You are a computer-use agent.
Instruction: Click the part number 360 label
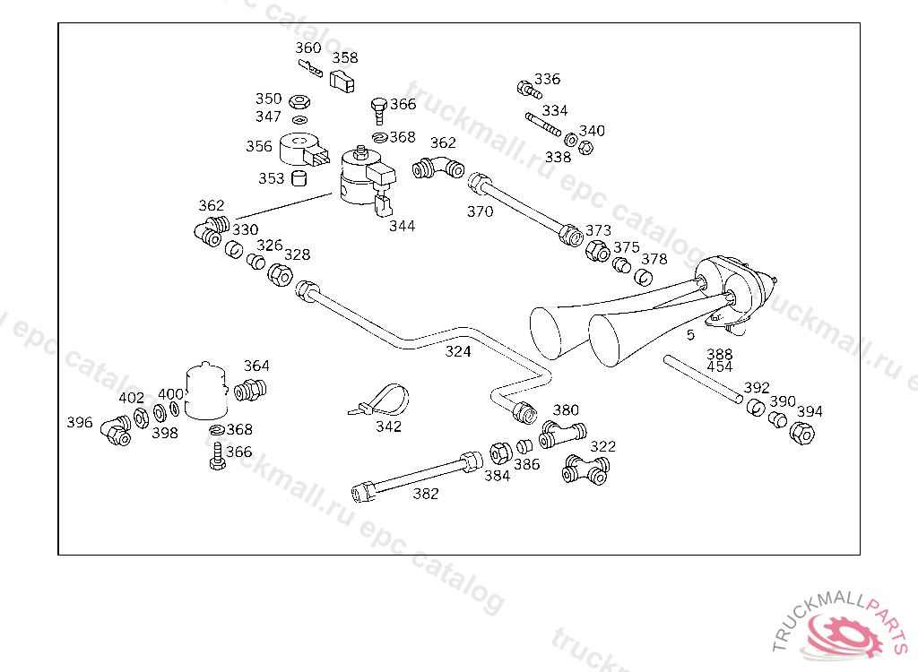click(x=307, y=47)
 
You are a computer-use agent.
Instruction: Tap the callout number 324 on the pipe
click(x=458, y=351)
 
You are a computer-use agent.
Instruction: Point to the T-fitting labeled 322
click(x=585, y=470)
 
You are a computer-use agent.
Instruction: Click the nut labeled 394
click(x=801, y=433)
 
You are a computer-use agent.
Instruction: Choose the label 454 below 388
click(x=719, y=366)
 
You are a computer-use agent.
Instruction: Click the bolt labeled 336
click(x=528, y=89)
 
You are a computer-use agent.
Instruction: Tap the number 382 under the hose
click(x=426, y=494)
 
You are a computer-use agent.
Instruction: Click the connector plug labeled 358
click(x=342, y=82)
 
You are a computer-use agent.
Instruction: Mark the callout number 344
click(x=402, y=226)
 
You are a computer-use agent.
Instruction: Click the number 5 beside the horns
click(x=690, y=335)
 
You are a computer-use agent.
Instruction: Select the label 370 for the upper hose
click(x=480, y=212)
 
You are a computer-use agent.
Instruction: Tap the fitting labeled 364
click(x=250, y=391)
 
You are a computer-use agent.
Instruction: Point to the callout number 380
click(x=566, y=410)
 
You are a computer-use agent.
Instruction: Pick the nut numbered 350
click(x=300, y=99)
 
